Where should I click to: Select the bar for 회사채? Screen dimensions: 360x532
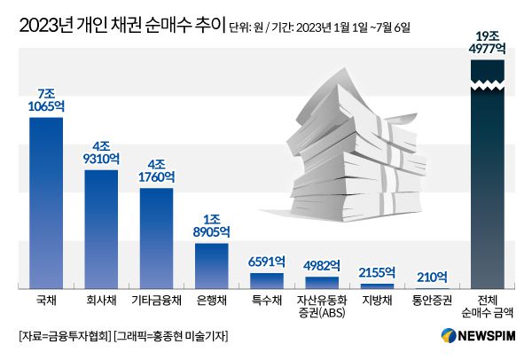101,228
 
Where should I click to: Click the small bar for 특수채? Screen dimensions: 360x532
267,279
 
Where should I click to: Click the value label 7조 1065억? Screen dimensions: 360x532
46,100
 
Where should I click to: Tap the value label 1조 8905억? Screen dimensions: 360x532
211,226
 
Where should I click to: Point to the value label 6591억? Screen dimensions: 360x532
267,262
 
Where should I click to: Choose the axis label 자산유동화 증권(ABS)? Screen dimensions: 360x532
322,306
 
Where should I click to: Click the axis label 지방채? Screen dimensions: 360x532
376,301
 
